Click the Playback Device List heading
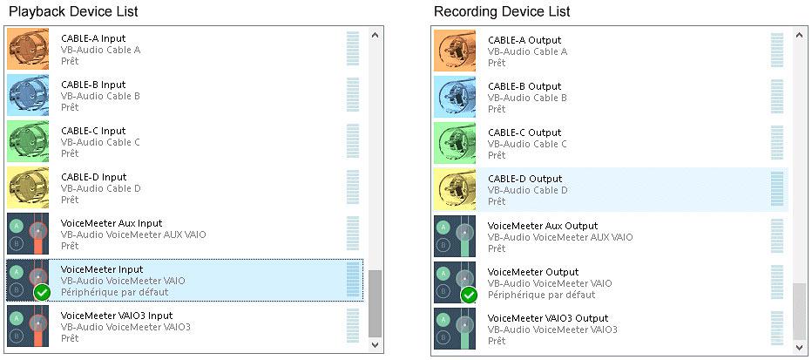point(73,11)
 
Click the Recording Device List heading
point(501,11)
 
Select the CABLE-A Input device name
point(93,38)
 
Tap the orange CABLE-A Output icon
point(456,51)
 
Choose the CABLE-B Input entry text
point(93,85)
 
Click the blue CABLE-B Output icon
point(456,97)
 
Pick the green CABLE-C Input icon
point(28,141)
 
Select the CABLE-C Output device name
point(524,132)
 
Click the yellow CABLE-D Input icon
point(28,187)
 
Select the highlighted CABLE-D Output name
point(524,179)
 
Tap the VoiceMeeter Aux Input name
point(112,223)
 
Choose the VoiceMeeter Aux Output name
point(543,226)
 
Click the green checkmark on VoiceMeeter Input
point(41,292)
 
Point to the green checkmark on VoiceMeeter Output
point(469,295)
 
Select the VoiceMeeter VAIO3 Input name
point(117,316)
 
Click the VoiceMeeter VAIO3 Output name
point(548,318)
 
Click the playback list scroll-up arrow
point(376,36)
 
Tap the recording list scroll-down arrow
point(799,346)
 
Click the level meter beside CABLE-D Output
point(776,189)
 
